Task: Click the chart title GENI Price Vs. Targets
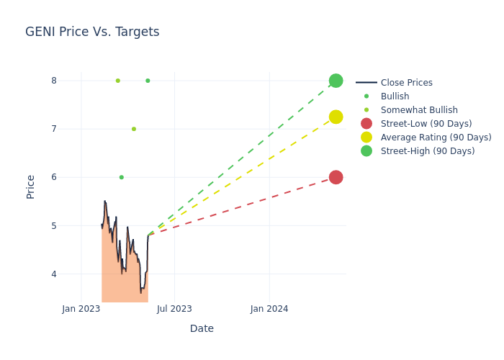pos(92,32)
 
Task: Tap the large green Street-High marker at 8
pos(336,81)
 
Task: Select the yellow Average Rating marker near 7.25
pos(336,117)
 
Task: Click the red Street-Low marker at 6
pos(336,177)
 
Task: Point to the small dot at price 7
pos(134,129)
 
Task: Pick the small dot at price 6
pos(122,177)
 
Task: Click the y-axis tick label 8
pos(53,81)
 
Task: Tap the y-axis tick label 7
pos(53,129)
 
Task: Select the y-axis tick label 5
pos(53,226)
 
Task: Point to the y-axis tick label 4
pos(53,274)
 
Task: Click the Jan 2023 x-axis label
pos(81,309)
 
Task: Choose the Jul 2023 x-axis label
pos(174,309)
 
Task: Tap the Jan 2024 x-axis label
pos(269,309)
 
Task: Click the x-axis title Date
pos(202,328)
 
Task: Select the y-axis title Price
pos(31,186)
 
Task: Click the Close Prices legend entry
pos(406,83)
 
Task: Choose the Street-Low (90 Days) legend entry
pos(426,124)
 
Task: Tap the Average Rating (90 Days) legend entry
pos(436,138)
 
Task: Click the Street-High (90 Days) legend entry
pos(428,151)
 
